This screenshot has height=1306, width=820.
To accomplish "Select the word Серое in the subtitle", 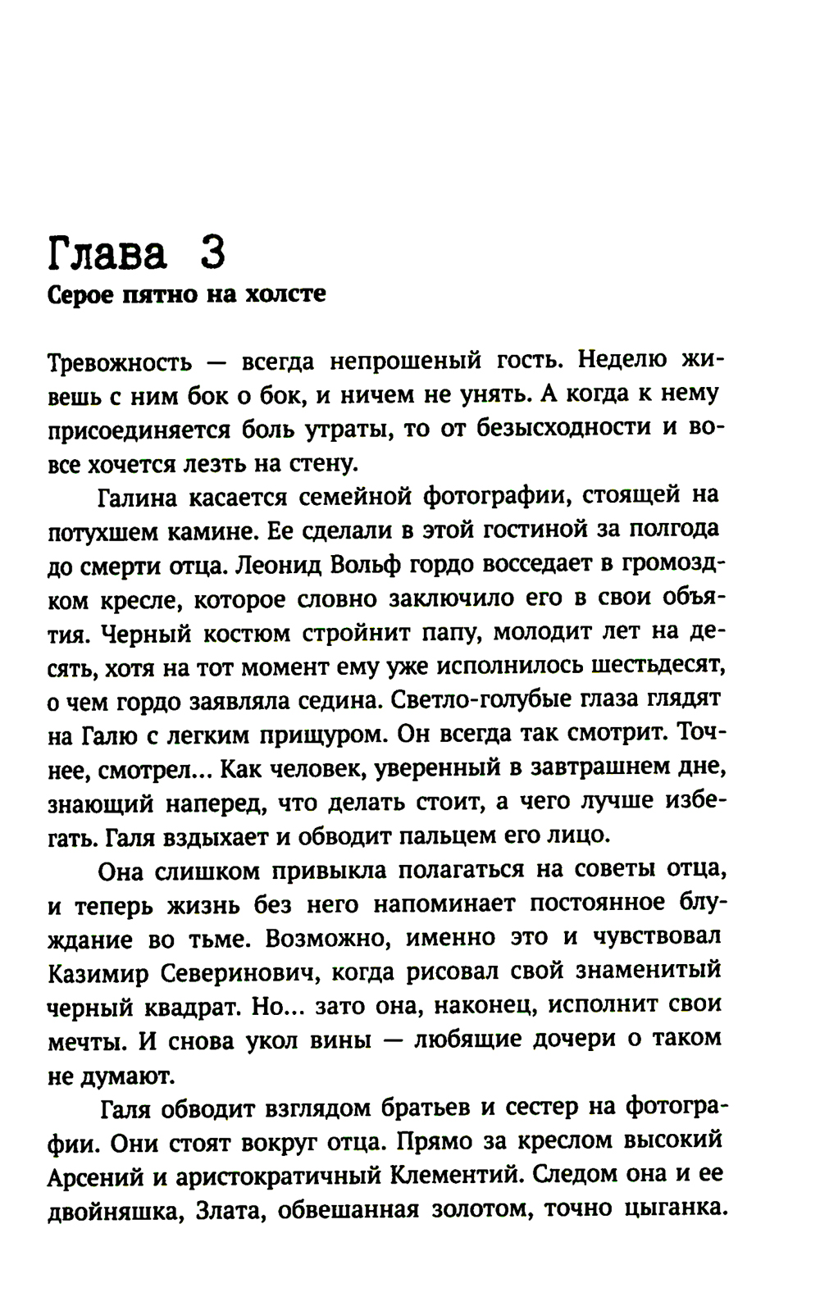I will tap(77, 294).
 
